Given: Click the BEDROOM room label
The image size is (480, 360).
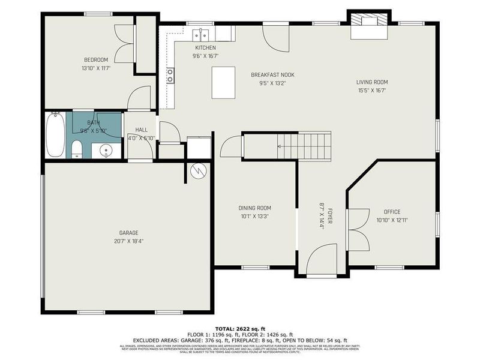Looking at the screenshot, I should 95,59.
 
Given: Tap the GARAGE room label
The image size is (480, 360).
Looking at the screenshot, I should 128,232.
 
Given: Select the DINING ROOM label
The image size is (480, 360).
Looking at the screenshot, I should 255,208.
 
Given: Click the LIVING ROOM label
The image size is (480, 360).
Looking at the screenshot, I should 372,82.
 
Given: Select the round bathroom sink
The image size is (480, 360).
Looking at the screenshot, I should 106,151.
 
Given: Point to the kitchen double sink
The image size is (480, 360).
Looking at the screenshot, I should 200,34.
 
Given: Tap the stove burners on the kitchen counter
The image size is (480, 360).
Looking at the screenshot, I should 170,76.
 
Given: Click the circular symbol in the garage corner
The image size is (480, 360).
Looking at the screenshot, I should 198,171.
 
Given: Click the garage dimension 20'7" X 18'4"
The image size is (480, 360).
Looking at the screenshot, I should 128,241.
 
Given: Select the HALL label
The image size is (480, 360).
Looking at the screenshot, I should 142,130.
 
